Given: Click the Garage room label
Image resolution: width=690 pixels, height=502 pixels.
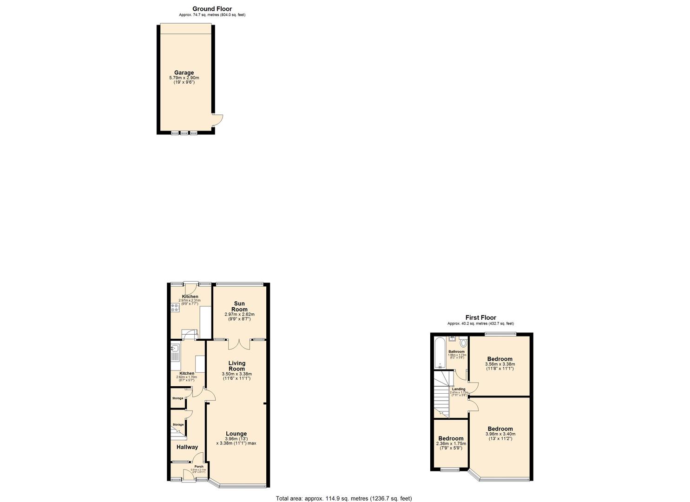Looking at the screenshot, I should pyautogui.click(x=184, y=73).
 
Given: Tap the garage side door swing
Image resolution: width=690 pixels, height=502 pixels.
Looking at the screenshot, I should pyautogui.click(x=217, y=120).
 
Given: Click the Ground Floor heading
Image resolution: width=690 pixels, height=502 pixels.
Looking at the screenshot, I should pyautogui.click(x=212, y=9).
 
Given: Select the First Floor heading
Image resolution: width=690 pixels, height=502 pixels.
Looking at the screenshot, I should pyautogui.click(x=480, y=317).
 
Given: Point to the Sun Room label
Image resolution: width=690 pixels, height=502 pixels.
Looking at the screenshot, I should pyautogui.click(x=239, y=306).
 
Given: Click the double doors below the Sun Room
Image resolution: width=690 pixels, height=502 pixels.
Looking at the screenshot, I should pyautogui.click(x=239, y=344).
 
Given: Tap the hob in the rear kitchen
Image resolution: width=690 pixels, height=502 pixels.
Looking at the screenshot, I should pyautogui.click(x=175, y=307).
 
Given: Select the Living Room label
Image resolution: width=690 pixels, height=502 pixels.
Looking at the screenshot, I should pyautogui.click(x=237, y=366).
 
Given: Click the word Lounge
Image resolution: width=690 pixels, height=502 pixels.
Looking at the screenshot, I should pyautogui.click(x=236, y=434).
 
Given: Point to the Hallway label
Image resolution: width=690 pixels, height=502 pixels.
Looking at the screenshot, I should pyautogui.click(x=187, y=447).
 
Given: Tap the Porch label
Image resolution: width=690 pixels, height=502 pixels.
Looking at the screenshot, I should pyautogui.click(x=199, y=467).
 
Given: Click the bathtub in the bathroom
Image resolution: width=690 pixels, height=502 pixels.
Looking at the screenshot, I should pyautogui.click(x=439, y=353).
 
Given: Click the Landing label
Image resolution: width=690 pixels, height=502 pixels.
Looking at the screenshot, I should pyautogui.click(x=459, y=389).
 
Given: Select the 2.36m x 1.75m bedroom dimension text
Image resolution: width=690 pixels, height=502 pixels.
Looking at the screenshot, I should pyautogui.click(x=451, y=444).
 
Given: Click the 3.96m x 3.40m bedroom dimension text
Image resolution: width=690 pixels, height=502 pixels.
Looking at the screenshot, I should pyautogui.click(x=500, y=434).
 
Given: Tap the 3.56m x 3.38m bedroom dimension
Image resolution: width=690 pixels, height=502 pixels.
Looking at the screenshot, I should pyautogui.click(x=500, y=364).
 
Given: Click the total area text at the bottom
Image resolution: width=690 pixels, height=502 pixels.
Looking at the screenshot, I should pyautogui.click(x=344, y=498).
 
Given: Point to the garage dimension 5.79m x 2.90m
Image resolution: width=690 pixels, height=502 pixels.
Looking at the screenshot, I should pyautogui.click(x=184, y=78).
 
